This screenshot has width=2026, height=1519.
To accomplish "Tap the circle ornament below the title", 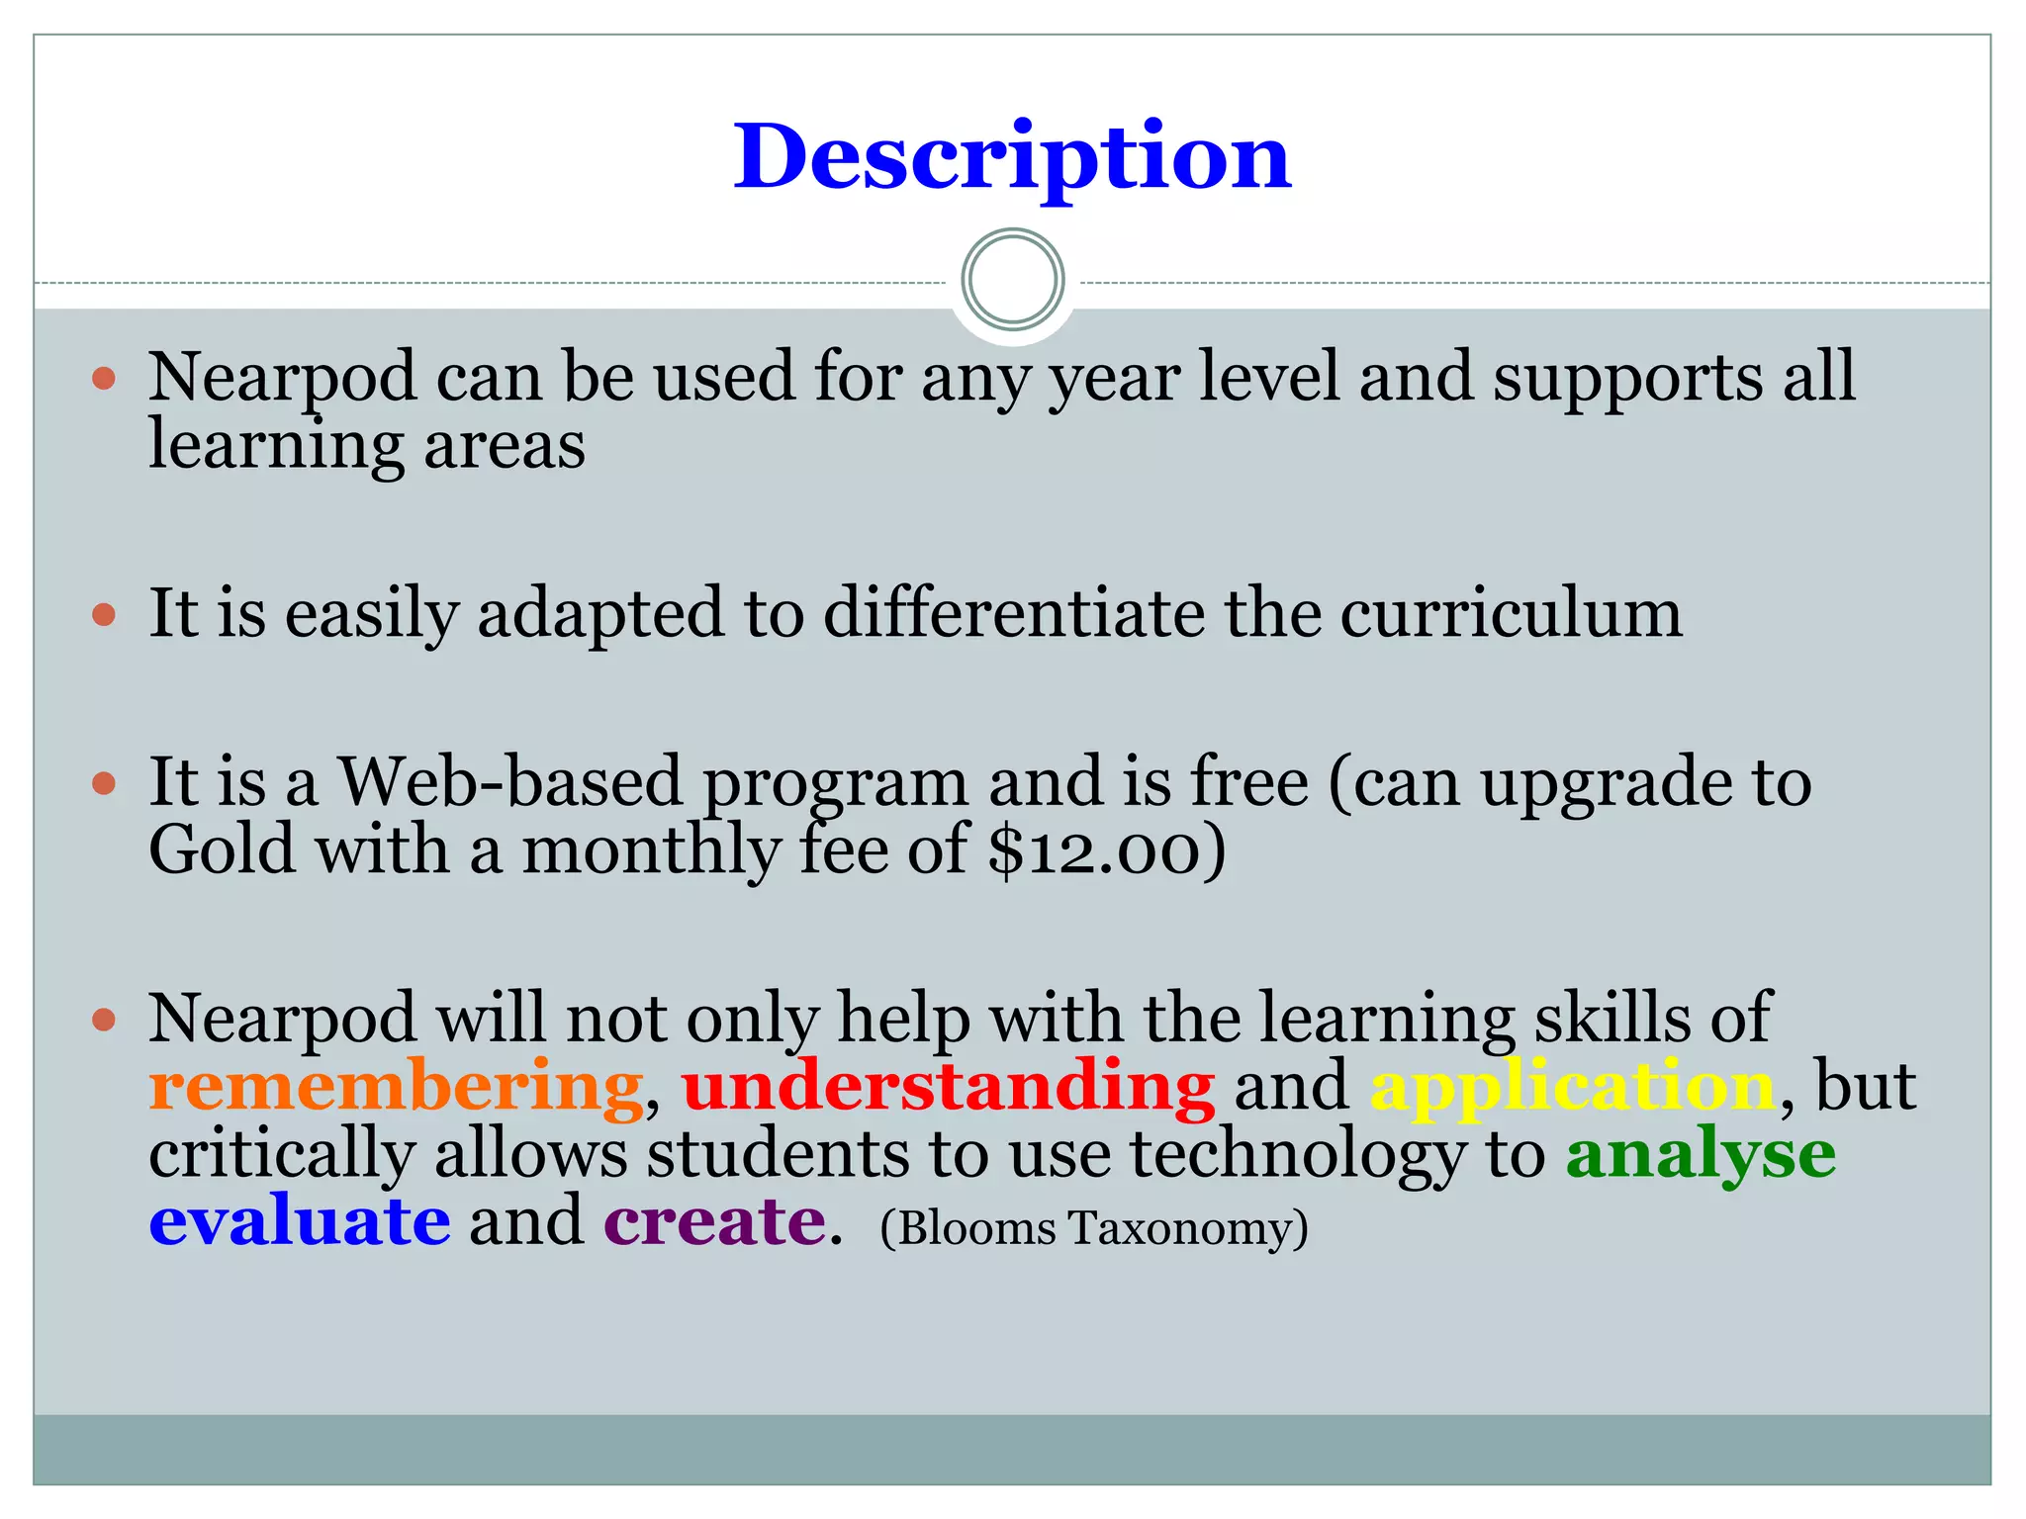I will pos(1012,280).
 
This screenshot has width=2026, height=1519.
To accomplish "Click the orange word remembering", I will pos(396,1087).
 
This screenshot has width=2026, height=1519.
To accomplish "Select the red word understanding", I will pos(948,1087).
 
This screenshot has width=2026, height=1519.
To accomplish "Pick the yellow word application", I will pos(1573,1087).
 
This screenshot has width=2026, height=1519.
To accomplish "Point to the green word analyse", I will pos(1701,1154).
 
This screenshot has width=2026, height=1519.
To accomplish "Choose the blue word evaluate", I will pos(300,1221).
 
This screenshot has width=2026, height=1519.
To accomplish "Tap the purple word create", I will pos(714,1221).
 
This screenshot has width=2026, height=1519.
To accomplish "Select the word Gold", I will pos(223,850).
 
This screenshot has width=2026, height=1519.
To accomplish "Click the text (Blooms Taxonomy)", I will pos(1094,1228).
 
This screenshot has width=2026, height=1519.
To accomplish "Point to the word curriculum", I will pos(1511,614).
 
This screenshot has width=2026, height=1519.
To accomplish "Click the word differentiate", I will pos(1014,614).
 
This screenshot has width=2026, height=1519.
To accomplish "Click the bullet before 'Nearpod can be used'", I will pos(104,378).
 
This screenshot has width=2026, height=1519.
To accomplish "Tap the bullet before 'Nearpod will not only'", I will pos(104,1020).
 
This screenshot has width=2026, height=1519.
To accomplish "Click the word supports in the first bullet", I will pos(1627,378).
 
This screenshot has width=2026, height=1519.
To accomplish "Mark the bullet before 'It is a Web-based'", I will pos(104,784).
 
